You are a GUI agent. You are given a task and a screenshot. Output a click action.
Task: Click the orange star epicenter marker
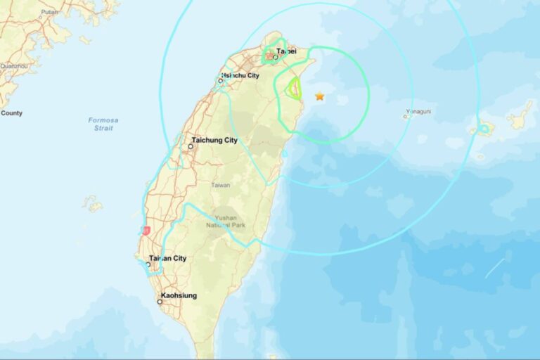click(320, 96)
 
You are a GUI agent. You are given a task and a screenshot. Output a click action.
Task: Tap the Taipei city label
click(286, 51)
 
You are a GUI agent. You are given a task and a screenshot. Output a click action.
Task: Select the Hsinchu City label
click(240, 75)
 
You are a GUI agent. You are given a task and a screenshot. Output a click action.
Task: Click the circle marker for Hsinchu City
click(221, 81)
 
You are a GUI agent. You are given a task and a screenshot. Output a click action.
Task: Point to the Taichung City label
click(214, 140)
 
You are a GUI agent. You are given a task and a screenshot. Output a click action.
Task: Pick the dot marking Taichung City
click(191, 146)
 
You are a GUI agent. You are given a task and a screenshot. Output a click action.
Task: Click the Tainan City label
click(168, 258)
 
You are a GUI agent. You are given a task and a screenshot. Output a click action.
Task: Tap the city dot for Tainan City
click(148, 265)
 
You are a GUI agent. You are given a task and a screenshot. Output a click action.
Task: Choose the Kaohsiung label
click(179, 295)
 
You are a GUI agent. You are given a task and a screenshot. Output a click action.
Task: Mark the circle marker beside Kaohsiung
click(160, 302)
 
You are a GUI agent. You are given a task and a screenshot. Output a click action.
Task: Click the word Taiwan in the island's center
click(221, 185)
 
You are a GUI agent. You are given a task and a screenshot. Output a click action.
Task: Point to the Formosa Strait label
click(103, 124)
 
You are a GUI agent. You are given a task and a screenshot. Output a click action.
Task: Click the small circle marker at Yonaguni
click(406, 117)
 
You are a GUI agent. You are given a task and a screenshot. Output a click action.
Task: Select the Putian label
click(49, 12)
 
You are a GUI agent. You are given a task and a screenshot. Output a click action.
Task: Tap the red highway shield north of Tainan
click(146, 231)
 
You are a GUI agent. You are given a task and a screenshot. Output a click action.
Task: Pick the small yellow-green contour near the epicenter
click(295, 88)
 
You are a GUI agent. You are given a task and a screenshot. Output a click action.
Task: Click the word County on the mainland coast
click(12, 112)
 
